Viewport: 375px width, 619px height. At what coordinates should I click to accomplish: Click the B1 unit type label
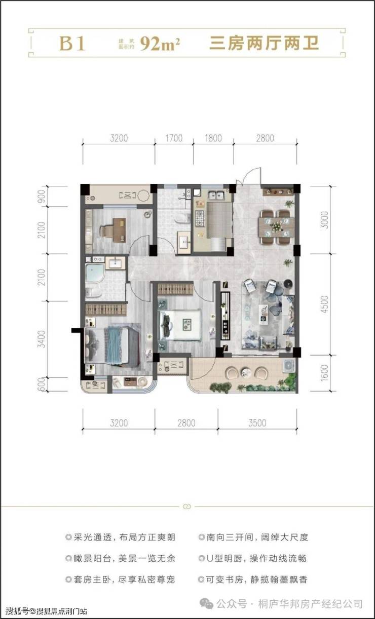tap(72, 44)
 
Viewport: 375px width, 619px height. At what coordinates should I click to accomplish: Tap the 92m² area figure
tap(160, 44)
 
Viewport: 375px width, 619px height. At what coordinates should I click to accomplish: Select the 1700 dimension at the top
tap(174, 138)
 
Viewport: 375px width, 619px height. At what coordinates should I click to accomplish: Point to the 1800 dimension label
tap(213, 138)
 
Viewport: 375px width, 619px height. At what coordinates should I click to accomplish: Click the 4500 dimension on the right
tap(324, 304)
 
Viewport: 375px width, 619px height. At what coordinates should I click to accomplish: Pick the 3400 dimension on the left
tap(41, 339)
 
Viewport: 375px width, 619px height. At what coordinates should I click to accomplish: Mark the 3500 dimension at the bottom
tap(257, 423)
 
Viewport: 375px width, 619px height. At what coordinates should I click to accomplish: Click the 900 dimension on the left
tap(41, 196)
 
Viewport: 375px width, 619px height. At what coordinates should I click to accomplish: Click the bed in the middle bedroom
tap(180, 325)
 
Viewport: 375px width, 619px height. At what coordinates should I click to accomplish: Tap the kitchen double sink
tap(216, 195)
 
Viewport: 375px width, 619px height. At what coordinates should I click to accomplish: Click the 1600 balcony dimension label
tap(324, 373)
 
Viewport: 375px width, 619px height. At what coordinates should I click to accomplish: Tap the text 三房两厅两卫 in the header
tap(264, 44)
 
